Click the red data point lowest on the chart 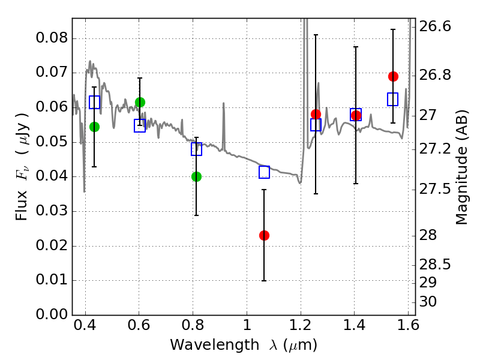[x=264, y=235]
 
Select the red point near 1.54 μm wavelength [x=393, y=76]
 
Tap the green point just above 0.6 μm [x=140, y=102]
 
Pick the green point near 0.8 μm [x=196, y=176]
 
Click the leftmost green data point [x=94, y=127]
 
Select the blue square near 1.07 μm [x=264, y=172]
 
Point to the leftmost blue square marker [x=94, y=103]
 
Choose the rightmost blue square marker [x=393, y=100]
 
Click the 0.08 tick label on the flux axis [x=52, y=39]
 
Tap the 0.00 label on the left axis [x=52, y=315]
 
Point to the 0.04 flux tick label [x=52, y=177]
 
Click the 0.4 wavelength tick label [x=85, y=327]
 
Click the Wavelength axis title [x=243, y=345]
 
